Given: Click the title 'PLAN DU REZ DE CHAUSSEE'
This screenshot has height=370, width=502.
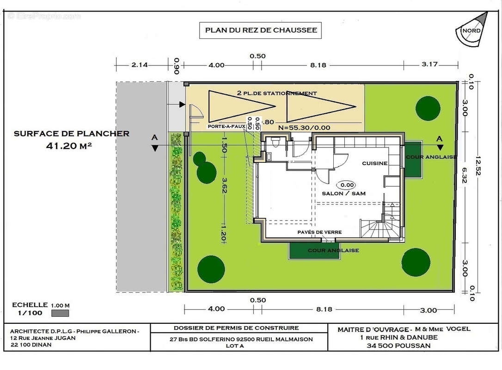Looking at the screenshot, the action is pos(261,30).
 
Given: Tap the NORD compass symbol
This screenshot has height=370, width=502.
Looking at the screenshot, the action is pos(472,30).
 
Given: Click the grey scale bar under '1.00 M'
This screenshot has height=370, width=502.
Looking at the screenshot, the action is pos(60,313).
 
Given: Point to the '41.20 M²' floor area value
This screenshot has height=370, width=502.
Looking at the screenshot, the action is pos(69,146).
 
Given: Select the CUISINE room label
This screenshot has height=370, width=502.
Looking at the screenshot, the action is pos(374,163).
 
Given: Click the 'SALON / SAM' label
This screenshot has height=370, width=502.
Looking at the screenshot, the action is pos(343,193).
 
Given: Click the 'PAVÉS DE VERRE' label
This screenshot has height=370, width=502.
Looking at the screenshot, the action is pos(319,232).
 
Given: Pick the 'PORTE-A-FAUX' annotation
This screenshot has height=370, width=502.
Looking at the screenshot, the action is pos(227,127).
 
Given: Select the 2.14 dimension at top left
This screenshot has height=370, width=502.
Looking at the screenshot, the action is pos(140,65).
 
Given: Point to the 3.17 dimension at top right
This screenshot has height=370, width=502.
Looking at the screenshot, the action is pos(429,64).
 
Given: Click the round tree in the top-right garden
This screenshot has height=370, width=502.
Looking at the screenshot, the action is pos(428,109).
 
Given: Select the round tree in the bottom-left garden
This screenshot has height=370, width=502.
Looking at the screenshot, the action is pos(211,269).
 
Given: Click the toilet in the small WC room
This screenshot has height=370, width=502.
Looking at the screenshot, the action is pos(275,142).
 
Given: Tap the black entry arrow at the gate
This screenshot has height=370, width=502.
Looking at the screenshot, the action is pos(182,105).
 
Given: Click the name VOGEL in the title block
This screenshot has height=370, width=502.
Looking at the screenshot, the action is pos(458,329).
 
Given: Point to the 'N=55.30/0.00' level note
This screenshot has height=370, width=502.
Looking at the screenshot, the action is pos(304,128).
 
